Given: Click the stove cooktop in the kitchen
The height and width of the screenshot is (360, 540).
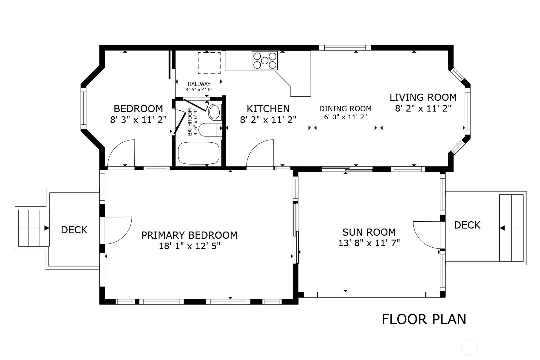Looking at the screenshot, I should pyautogui.click(x=265, y=60).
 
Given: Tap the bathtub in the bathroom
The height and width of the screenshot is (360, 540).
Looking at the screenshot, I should pyautogui.click(x=199, y=152).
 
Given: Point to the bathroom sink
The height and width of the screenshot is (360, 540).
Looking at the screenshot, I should pyautogui.click(x=215, y=112).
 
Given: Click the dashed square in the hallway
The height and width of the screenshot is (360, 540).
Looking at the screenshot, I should pyautogui.click(x=209, y=63).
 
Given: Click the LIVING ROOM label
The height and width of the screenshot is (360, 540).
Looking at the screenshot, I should pyautogui.click(x=423, y=97).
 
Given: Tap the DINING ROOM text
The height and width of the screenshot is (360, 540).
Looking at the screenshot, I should pyautogui.click(x=345, y=109).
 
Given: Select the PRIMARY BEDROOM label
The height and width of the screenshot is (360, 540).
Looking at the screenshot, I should pyautogui.click(x=189, y=235).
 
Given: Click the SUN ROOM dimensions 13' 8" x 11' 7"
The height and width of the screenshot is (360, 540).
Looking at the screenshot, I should pyautogui.click(x=369, y=243).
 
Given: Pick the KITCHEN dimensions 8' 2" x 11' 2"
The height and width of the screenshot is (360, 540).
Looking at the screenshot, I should pyautogui.click(x=268, y=120).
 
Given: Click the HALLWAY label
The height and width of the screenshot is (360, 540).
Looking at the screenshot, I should pyautogui.click(x=199, y=84).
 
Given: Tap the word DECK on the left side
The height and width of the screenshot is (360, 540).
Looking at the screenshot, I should pyautogui.click(x=74, y=230).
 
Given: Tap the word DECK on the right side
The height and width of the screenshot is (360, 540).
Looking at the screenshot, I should pyautogui.click(x=467, y=225).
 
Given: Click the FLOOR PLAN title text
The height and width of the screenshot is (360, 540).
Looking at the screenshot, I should pyautogui.click(x=424, y=319).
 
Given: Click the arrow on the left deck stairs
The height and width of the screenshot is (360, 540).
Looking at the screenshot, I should pyautogui.click(x=46, y=228).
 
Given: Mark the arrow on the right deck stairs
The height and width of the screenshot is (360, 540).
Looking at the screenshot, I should pyautogui.click(x=502, y=228).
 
